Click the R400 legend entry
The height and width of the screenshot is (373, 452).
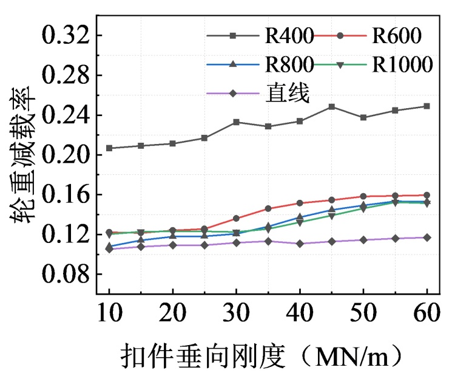coord(289,36)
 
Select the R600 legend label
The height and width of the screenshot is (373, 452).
coord(396,36)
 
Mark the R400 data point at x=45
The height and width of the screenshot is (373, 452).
coord(331,107)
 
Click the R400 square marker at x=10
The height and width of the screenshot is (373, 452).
coord(109,148)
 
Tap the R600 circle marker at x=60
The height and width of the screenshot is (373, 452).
coord(427,195)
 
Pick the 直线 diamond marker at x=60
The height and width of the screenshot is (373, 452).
coord(427,238)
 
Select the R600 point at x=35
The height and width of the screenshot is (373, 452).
coord(268,208)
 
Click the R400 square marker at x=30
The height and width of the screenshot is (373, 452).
coord(236,122)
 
